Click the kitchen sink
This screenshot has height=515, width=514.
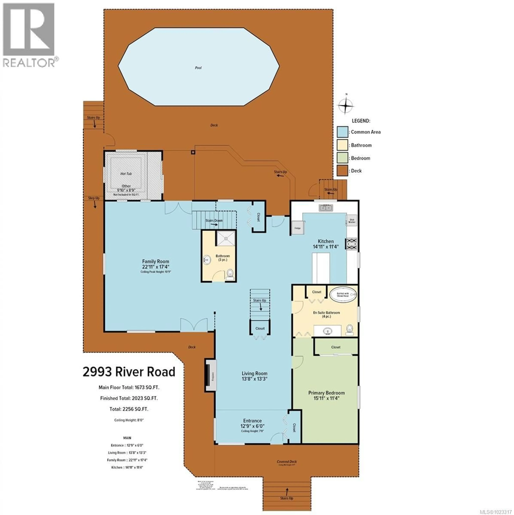point(326,208)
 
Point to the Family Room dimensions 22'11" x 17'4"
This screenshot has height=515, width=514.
point(156,267)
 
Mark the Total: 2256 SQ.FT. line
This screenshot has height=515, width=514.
point(129,409)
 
